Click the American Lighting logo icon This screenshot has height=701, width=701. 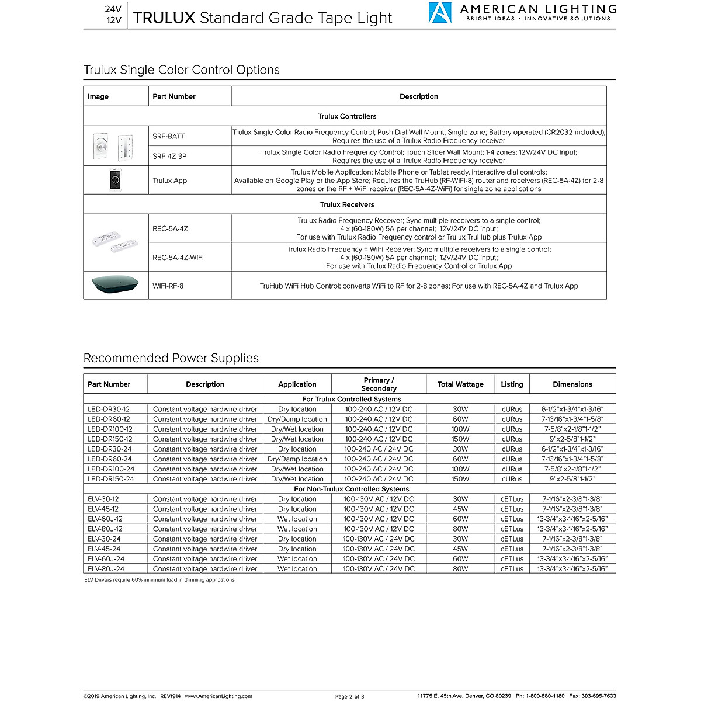(440, 12)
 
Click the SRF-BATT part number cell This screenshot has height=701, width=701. (169, 136)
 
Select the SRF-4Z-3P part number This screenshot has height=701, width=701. (170, 156)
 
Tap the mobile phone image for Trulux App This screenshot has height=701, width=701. (114, 180)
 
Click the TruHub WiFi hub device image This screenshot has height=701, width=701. (115, 286)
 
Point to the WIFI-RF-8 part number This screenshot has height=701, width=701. (168, 286)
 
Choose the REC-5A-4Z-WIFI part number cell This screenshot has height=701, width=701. (178, 257)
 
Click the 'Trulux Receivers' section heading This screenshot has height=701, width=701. (347, 204)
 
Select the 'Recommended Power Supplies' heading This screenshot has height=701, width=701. (171, 358)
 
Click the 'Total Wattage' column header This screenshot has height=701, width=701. (460, 384)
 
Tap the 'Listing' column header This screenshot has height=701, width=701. (512, 384)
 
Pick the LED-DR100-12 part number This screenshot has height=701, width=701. (110, 429)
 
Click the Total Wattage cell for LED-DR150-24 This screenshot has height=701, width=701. (460, 479)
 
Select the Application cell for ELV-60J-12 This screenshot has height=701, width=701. (297, 519)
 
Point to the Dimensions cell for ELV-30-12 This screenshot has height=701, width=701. (572, 499)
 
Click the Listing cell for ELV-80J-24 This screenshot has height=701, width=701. (512, 568)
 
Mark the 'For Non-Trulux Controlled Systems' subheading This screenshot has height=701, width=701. (352, 489)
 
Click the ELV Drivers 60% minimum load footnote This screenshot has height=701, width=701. (159, 580)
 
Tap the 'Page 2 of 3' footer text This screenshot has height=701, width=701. (350, 696)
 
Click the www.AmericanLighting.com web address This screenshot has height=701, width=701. (218, 696)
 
